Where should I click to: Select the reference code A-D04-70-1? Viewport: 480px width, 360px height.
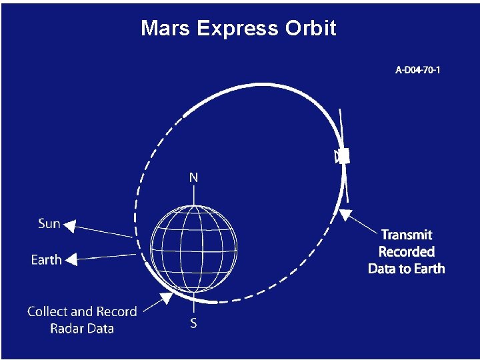pos(418,69)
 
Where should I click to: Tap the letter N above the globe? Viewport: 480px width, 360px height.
pos(193,177)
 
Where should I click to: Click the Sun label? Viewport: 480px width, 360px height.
pos(49,224)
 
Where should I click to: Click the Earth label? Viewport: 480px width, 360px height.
pos(47,260)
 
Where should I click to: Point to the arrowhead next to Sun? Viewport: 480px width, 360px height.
pos(69,225)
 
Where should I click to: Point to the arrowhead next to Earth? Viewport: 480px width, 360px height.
pos(71,259)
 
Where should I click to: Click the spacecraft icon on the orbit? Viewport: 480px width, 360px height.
pos(342,155)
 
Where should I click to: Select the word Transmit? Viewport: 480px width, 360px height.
pos(407,235)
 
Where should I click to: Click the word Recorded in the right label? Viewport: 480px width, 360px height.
pos(407,252)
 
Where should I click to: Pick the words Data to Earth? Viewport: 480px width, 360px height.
pos(407,269)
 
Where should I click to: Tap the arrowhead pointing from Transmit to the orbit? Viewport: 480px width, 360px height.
pos(345,215)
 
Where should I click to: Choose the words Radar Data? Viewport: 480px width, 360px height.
pos(82,329)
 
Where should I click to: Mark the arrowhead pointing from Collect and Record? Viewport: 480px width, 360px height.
pos(163,300)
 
